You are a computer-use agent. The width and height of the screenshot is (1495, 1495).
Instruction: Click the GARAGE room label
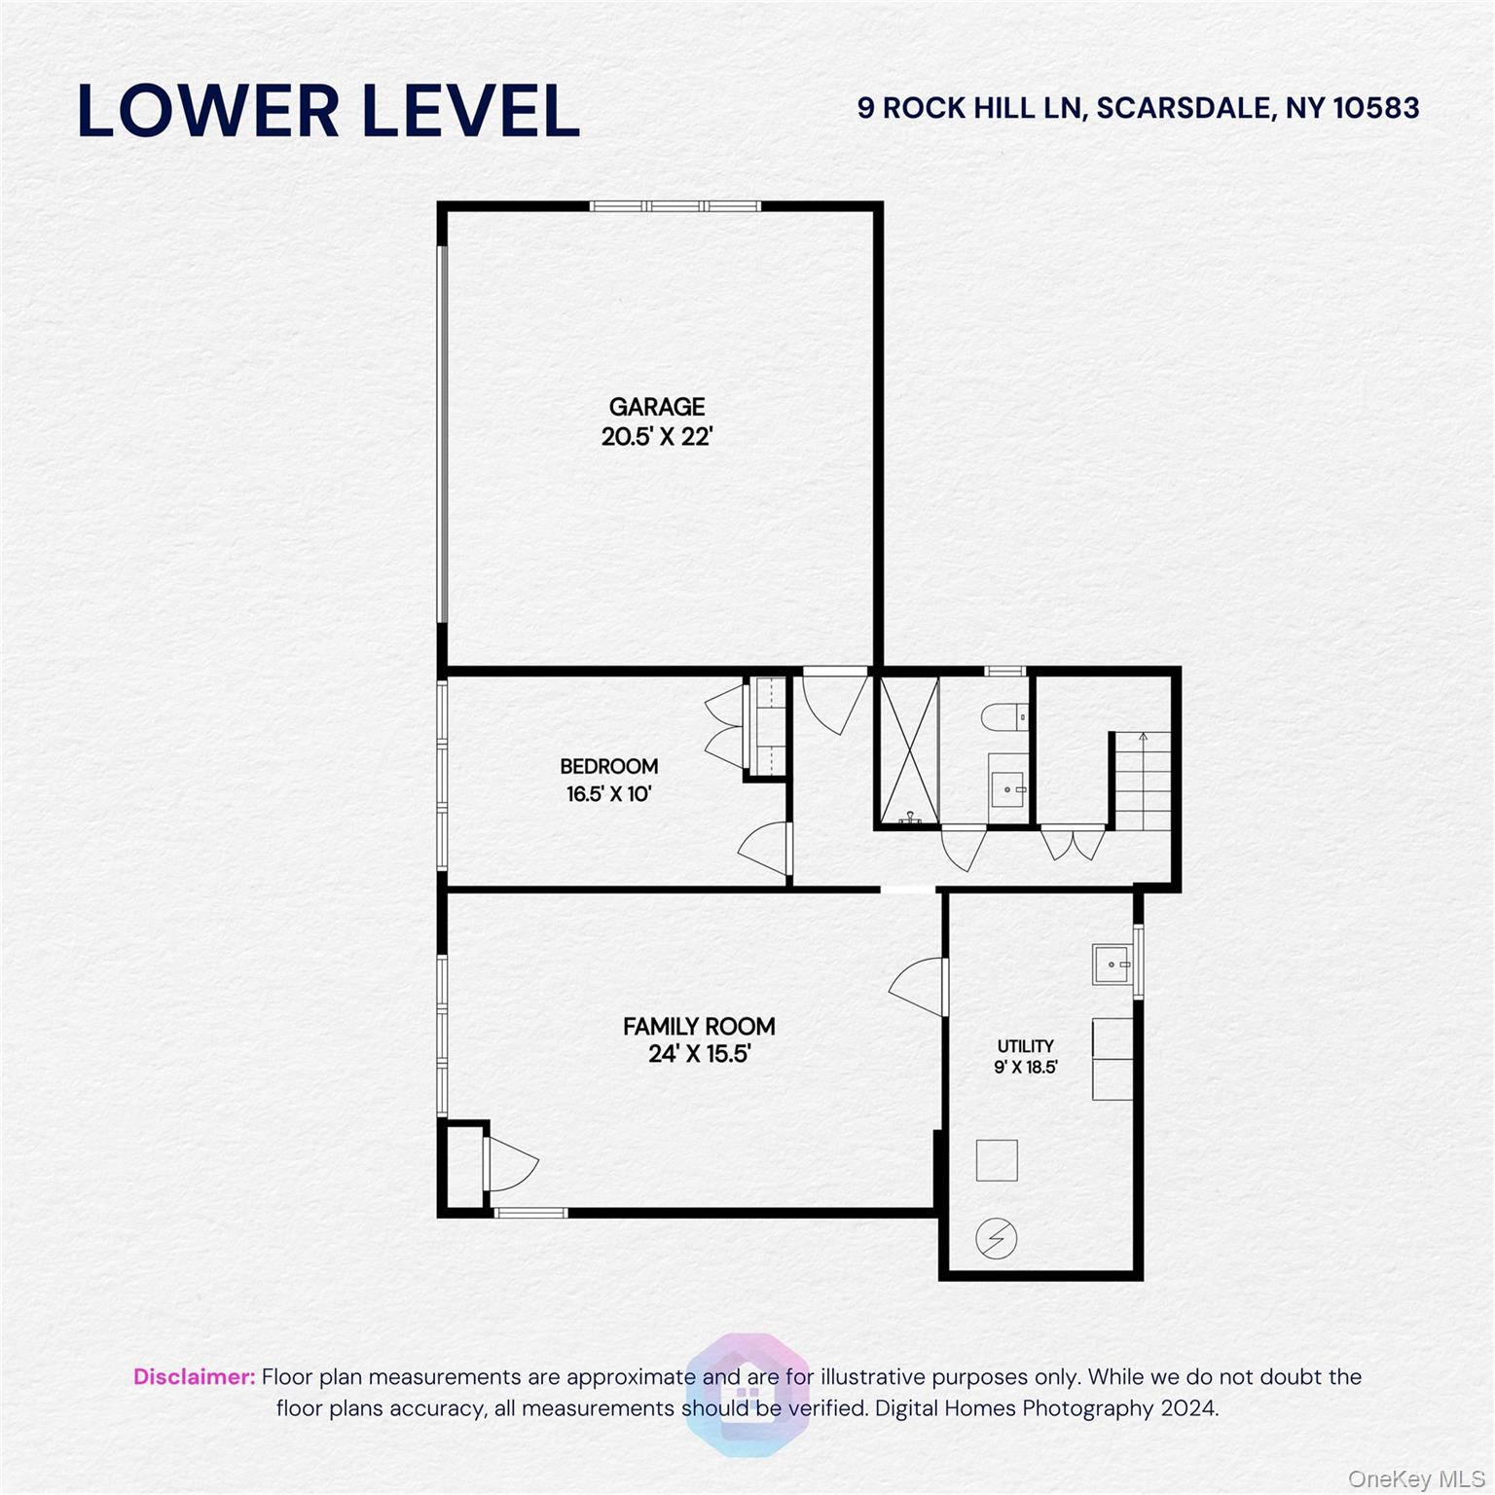657,407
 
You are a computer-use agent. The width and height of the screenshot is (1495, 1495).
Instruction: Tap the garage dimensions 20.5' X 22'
657,437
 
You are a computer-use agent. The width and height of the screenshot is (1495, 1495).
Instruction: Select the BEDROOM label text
608,767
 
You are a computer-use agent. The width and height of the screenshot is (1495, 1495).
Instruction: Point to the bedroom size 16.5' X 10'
608,794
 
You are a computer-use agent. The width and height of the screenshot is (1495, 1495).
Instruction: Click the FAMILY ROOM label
699,1027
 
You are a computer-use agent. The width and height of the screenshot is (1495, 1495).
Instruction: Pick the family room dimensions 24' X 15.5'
699,1054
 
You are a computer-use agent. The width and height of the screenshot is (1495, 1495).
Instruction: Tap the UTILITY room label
1025,1046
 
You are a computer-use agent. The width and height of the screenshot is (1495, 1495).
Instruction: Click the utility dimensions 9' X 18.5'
1025,1067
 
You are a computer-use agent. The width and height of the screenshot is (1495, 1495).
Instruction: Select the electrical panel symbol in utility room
997,1239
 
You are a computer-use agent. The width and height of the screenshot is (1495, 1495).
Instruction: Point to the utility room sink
1111,965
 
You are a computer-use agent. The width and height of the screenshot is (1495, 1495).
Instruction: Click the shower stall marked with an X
908,750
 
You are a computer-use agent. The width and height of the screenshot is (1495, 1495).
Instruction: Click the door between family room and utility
920,985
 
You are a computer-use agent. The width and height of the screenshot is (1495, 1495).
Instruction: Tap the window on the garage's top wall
675,206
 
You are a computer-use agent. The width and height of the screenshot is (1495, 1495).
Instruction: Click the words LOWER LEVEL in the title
328,111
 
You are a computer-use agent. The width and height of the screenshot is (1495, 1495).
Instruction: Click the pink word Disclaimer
194,1377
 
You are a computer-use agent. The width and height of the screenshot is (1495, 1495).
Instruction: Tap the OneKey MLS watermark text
1416,1479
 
